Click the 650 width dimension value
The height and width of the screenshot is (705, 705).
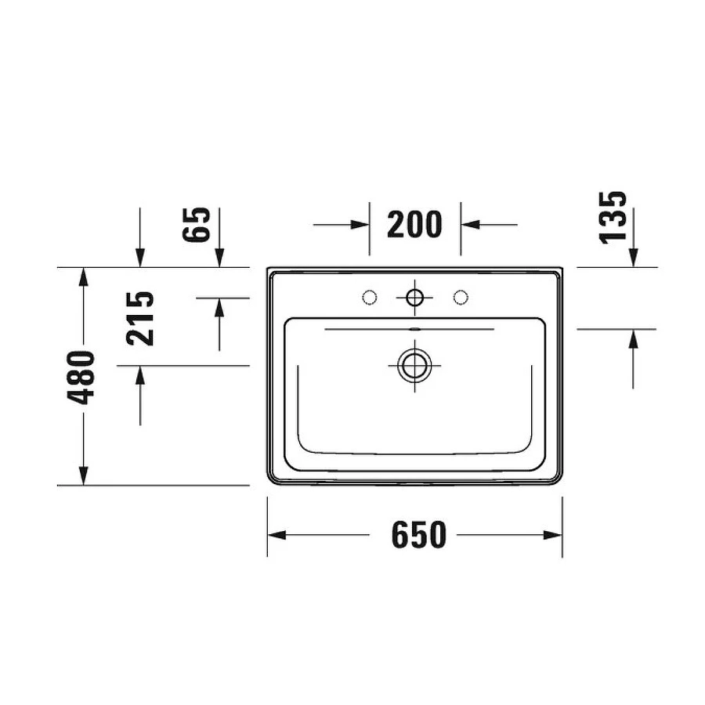(418, 535)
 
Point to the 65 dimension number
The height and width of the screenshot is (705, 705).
(200, 225)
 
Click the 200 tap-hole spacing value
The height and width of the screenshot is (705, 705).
(414, 225)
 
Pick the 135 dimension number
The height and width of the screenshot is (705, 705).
(616, 217)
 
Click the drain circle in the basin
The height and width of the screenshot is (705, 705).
(414, 365)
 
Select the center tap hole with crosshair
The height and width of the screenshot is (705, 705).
(414, 297)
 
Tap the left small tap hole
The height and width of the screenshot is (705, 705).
(369, 296)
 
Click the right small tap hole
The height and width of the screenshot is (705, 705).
(461, 296)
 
